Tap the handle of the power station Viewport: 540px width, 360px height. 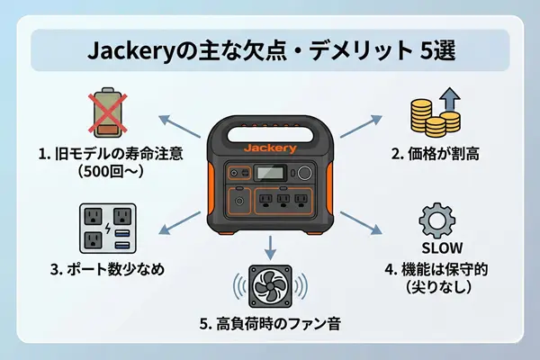point(270,126)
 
